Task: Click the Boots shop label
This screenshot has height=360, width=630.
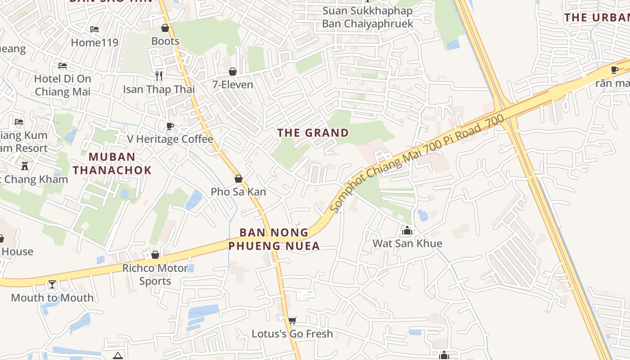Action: point(165,41)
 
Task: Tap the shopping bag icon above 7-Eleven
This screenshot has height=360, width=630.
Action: point(233,72)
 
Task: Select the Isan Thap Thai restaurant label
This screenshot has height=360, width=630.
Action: point(159,89)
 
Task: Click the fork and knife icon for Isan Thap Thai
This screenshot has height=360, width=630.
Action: point(158,75)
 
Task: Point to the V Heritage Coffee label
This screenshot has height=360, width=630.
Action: point(170,139)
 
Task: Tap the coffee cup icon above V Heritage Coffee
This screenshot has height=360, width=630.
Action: point(170,126)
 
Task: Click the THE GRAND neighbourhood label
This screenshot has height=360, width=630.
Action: point(313,133)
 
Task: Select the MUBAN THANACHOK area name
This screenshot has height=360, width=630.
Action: point(112,163)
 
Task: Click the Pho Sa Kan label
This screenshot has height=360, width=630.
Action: point(238,192)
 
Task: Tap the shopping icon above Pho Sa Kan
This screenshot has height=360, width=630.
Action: point(238,179)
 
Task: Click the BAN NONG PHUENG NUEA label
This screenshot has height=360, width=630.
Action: point(274,239)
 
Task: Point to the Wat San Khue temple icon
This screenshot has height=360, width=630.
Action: point(407,230)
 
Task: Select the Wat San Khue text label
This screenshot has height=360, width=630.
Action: point(407,243)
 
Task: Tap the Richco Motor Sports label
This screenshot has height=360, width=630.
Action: point(155,274)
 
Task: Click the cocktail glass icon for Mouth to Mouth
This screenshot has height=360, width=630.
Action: point(52,284)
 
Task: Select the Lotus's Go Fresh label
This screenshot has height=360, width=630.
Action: point(292,333)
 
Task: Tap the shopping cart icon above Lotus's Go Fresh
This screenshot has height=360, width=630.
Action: point(292,320)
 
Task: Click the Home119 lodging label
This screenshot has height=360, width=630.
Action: point(94,42)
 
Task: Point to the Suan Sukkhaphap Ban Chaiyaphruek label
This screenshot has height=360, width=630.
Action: point(368,17)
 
